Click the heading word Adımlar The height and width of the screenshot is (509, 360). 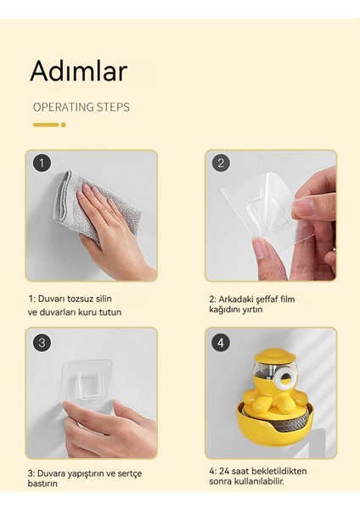[78, 70]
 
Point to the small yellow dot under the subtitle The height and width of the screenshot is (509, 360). [63, 125]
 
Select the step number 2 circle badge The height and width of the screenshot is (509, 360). [222, 163]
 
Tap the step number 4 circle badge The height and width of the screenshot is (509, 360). [222, 343]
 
